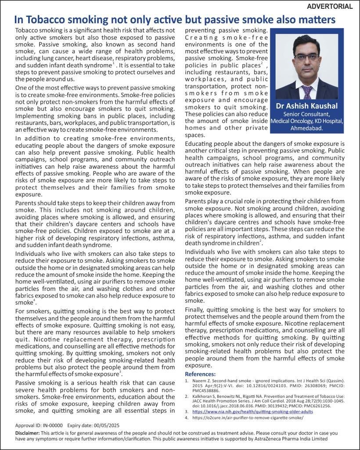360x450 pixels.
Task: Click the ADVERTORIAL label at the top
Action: tap(329, 6)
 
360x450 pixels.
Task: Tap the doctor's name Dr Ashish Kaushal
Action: tap(306, 106)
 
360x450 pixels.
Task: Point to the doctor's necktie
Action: tap(307, 91)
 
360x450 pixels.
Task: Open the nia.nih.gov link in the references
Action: tap(252, 412)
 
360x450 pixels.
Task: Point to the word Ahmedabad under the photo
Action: tap(306, 128)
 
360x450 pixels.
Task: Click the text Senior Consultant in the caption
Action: tap(306, 114)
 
